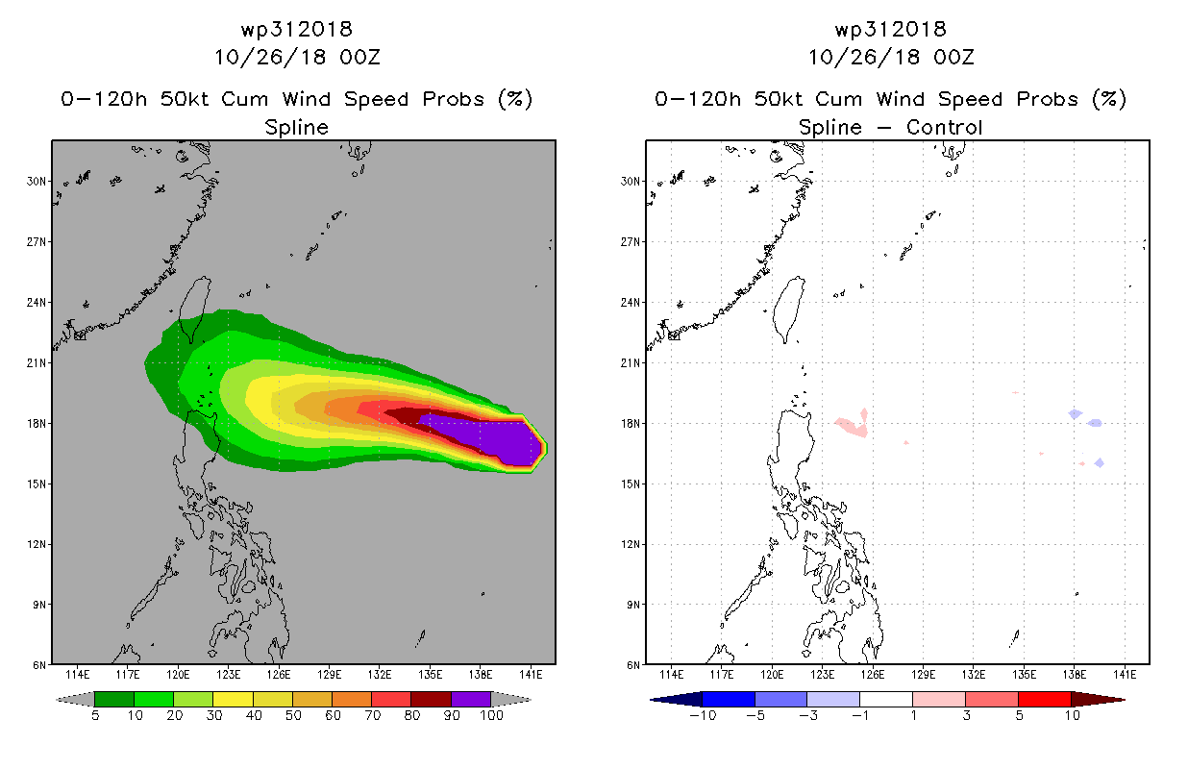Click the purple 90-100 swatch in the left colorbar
coord(470,699)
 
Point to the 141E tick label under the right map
coord(1125,674)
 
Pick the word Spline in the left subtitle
coord(296,127)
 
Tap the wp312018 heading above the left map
coord(296,29)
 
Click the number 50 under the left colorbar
coord(292,715)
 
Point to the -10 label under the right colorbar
coord(702,715)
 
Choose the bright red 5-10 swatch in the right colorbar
coord(1044,699)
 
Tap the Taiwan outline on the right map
coord(791,308)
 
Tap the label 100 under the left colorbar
coord(491,715)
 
